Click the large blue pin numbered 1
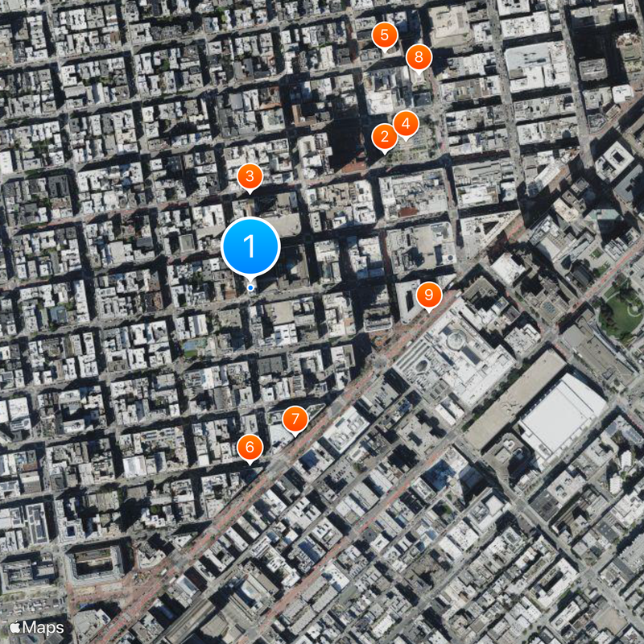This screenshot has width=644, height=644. (x=250, y=244)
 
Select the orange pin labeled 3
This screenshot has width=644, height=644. (x=250, y=176)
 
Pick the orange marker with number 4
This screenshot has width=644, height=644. (x=406, y=123)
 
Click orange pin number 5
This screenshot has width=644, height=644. (x=385, y=35)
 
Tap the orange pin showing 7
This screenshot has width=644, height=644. (x=295, y=419)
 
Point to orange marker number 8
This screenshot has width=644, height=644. (x=419, y=57)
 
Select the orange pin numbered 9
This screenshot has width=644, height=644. (x=428, y=295)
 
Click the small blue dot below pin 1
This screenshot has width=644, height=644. (x=250, y=287)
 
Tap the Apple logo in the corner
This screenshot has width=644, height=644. (x=16, y=627)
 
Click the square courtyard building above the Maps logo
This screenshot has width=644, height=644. (x=95, y=563)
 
